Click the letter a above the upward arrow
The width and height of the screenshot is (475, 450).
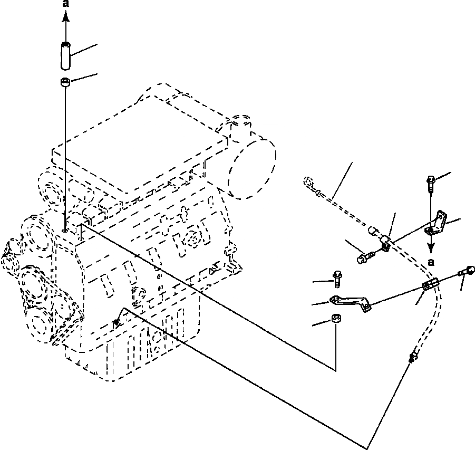(x=65, y=4)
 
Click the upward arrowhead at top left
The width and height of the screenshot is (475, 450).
(x=65, y=17)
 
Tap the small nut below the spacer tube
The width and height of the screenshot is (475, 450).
(x=65, y=82)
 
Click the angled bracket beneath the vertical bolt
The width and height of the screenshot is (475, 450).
(x=437, y=224)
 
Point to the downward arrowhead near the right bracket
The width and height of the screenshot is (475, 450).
(x=431, y=247)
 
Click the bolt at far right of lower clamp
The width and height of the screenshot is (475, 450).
(x=466, y=271)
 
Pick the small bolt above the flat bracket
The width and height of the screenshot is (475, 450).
(x=337, y=278)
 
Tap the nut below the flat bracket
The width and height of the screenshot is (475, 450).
(x=336, y=320)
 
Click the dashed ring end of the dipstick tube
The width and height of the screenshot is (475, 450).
(x=308, y=183)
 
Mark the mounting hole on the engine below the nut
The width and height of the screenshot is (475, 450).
(x=64, y=229)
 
